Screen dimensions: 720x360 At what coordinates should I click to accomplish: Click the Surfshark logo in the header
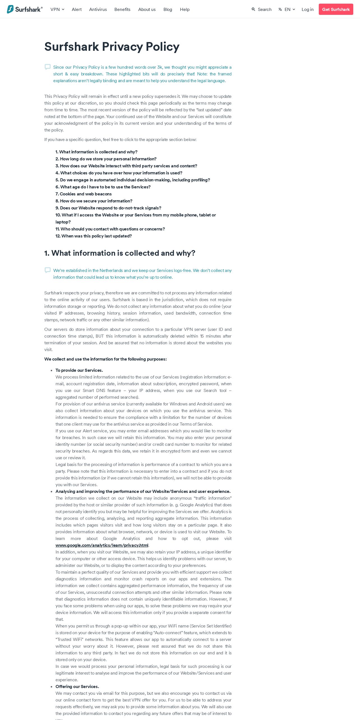pyautogui.click(x=25, y=9)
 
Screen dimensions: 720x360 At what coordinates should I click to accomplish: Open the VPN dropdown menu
pyautogui.click(x=57, y=9)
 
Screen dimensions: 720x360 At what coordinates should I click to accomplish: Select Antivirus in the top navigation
pyautogui.click(x=98, y=9)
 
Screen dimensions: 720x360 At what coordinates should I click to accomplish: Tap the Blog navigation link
pyautogui.click(x=168, y=9)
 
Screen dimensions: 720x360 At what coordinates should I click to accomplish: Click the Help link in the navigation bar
pyautogui.click(x=185, y=9)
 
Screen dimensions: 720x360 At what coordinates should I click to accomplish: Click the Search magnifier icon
pyautogui.click(x=253, y=9)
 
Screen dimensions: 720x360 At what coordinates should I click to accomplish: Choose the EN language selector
pyautogui.click(x=287, y=9)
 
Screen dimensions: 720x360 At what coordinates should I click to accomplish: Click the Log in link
pyautogui.click(x=308, y=9)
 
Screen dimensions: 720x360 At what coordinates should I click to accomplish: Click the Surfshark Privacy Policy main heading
pyautogui.click(x=112, y=47)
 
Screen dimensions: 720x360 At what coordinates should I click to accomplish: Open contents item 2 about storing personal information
pyautogui.click(x=106, y=159)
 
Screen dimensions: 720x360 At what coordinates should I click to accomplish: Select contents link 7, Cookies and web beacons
pyautogui.click(x=84, y=194)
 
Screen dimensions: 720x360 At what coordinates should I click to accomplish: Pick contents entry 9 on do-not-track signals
pyautogui.click(x=108, y=208)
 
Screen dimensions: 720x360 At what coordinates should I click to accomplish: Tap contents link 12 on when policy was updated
pyautogui.click(x=94, y=236)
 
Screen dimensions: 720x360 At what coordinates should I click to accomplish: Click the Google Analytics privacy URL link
pyautogui.click(x=102, y=545)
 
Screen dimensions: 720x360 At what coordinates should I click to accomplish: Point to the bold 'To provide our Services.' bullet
pyautogui.click(x=79, y=370)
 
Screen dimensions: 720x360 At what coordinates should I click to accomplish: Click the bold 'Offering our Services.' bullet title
pyautogui.click(x=77, y=687)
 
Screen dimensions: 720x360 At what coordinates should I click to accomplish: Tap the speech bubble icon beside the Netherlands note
pyautogui.click(x=48, y=270)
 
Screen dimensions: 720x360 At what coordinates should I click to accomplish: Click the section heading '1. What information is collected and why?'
pyautogui.click(x=120, y=253)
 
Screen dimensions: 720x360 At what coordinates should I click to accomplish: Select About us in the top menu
pyautogui.click(x=147, y=9)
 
